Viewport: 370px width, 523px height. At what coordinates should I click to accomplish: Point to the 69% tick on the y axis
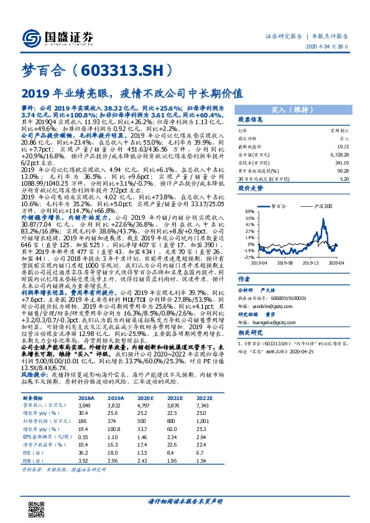point(249,211)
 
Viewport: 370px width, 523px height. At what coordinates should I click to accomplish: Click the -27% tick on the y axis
point(249,257)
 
